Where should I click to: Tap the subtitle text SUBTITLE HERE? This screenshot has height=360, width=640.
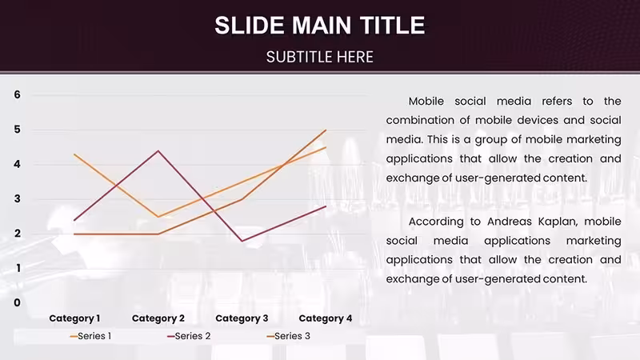click(x=319, y=57)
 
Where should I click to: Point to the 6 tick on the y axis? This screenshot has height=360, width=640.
click(x=17, y=94)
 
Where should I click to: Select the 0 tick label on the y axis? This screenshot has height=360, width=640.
click(x=17, y=302)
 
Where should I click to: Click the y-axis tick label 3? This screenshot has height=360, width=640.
click(x=17, y=198)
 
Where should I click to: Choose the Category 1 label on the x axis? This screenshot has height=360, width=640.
click(x=74, y=318)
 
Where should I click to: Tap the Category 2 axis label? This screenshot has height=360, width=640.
click(x=158, y=318)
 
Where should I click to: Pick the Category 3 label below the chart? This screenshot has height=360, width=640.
click(x=242, y=318)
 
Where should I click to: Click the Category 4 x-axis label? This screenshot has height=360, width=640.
click(x=326, y=318)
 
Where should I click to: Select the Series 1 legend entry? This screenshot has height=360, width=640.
click(x=90, y=336)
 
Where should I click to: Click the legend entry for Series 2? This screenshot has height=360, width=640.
click(x=189, y=336)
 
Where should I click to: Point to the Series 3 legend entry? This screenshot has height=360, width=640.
click(x=289, y=336)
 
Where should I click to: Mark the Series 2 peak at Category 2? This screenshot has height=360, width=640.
click(x=158, y=151)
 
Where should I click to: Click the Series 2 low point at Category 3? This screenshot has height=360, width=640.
click(x=242, y=241)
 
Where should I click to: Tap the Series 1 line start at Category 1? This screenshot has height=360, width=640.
click(x=74, y=154)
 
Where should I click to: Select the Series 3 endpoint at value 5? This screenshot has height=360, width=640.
click(x=326, y=130)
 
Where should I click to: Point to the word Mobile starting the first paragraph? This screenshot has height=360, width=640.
click(x=426, y=102)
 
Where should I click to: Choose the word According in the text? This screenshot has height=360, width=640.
click(x=436, y=222)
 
